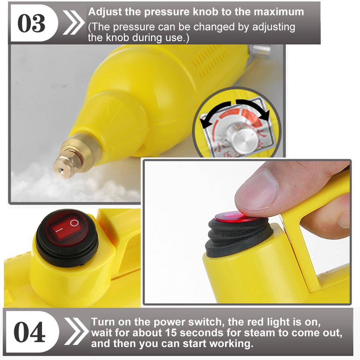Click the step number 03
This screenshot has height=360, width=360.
pos(31,23)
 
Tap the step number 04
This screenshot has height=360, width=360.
pos(29,332)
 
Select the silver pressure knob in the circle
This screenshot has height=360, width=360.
pos(242,137)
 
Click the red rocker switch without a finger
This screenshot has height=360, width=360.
pos(66,229)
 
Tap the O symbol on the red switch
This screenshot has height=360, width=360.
pos(75,223)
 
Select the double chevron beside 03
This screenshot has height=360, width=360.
pos(74,23)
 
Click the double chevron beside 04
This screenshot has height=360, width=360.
pos(76,331)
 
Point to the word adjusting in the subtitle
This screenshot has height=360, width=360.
pos(274,27)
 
